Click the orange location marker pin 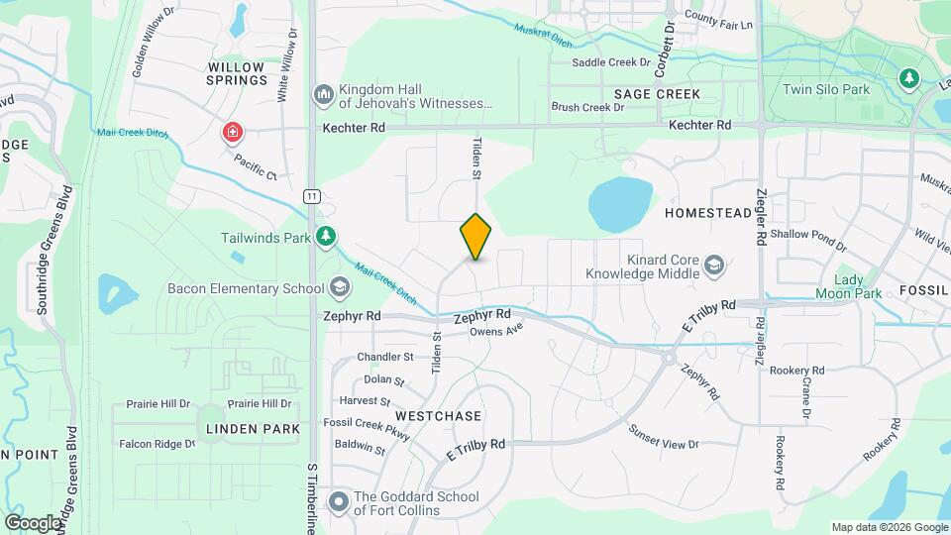475,237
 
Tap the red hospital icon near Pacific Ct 233,132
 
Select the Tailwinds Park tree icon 325,236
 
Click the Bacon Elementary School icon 340,288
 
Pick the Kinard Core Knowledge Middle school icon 714,265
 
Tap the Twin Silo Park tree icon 907,77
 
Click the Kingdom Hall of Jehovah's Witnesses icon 323,94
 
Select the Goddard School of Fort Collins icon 339,503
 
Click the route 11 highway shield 312,196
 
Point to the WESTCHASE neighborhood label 438,415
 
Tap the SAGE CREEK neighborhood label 657,94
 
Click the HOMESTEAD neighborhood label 707,213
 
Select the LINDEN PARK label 253,429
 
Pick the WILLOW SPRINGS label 238,73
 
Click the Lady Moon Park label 848,286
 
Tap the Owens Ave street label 495,332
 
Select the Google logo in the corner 33,522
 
